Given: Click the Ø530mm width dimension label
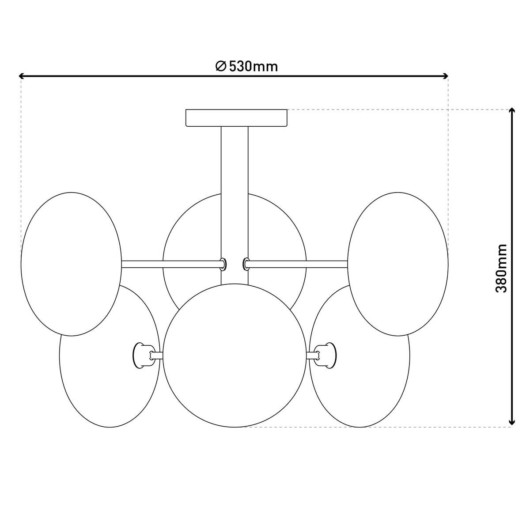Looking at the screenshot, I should point(247,66).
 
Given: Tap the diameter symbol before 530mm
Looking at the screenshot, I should point(221,66).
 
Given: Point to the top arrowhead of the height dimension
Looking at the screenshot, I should point(511,111).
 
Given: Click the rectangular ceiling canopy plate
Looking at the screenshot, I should point(236,118).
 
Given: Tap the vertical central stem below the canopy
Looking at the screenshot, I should point(234,177).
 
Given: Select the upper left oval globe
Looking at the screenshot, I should point(71,264).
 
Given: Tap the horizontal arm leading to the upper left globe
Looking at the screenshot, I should point(170,264).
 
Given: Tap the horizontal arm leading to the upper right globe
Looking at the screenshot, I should point(298,264).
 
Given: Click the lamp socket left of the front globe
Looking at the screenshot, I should point(142,355).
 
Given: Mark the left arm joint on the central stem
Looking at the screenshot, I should point(223,264).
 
